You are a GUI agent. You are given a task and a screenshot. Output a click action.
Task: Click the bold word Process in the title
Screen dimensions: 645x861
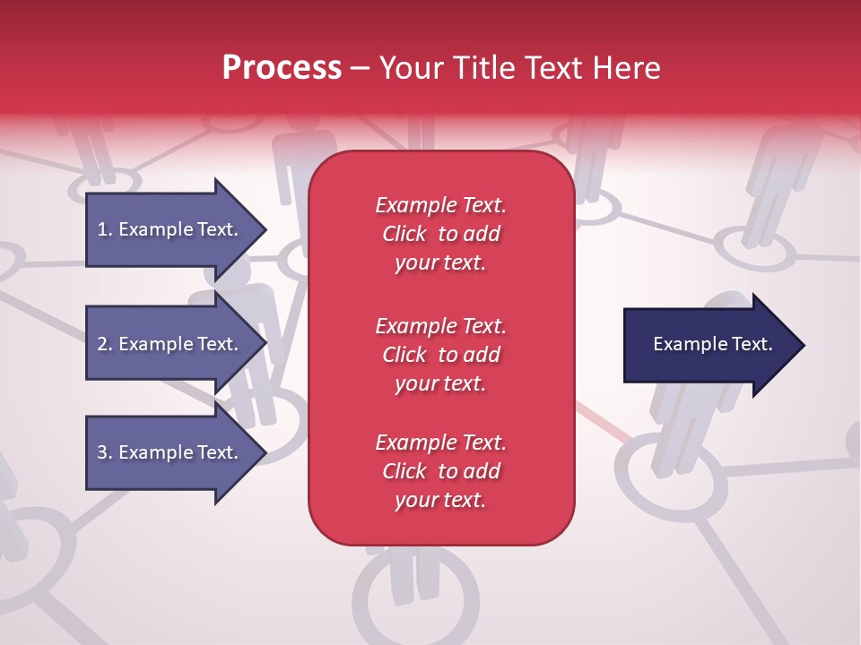(282, 68)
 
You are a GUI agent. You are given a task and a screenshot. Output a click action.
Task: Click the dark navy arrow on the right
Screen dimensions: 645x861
(712, 345)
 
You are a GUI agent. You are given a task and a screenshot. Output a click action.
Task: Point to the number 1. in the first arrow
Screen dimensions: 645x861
(105, 229)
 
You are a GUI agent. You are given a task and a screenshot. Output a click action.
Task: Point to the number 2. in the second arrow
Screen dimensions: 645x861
(105, 344)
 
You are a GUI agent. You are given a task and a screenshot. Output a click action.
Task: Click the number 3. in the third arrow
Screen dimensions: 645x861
(105, 452)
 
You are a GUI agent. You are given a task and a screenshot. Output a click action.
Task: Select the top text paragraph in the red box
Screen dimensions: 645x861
(440, 234)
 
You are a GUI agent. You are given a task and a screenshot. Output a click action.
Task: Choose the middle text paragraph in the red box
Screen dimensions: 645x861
(440, 355)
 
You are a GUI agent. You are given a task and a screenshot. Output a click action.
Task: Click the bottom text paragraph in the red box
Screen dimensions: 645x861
(440, 471)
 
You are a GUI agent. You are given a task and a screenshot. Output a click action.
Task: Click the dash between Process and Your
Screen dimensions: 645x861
(360, 68)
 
